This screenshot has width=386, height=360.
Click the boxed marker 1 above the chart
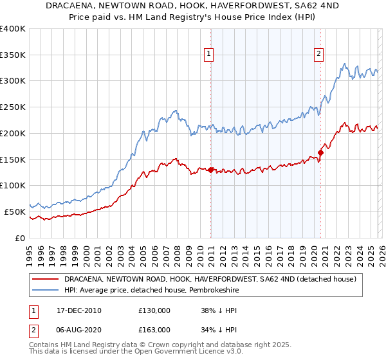[210, 55]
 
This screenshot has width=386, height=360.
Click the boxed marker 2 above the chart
[318, 55]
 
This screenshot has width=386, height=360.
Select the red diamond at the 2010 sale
[210, 170]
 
